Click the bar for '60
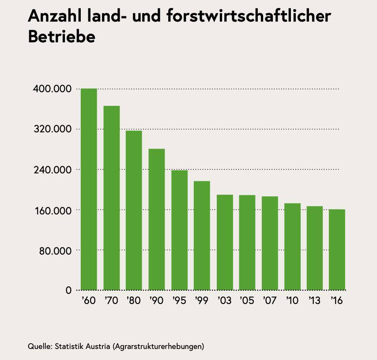point(89,189)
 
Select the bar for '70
point(111,198)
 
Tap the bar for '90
point(157,219)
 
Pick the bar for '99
point(202,236)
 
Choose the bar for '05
point(247,243)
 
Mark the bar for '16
point(337,250)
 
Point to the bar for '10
point(292,247)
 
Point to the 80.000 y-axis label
point(54,251)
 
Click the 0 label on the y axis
point(68,291)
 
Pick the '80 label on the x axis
point(133,301)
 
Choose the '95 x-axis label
point(179,301)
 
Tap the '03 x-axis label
point(224,301)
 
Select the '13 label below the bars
point(314,301)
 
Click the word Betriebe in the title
point(61,37)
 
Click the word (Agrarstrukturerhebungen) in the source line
point(158,345)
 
